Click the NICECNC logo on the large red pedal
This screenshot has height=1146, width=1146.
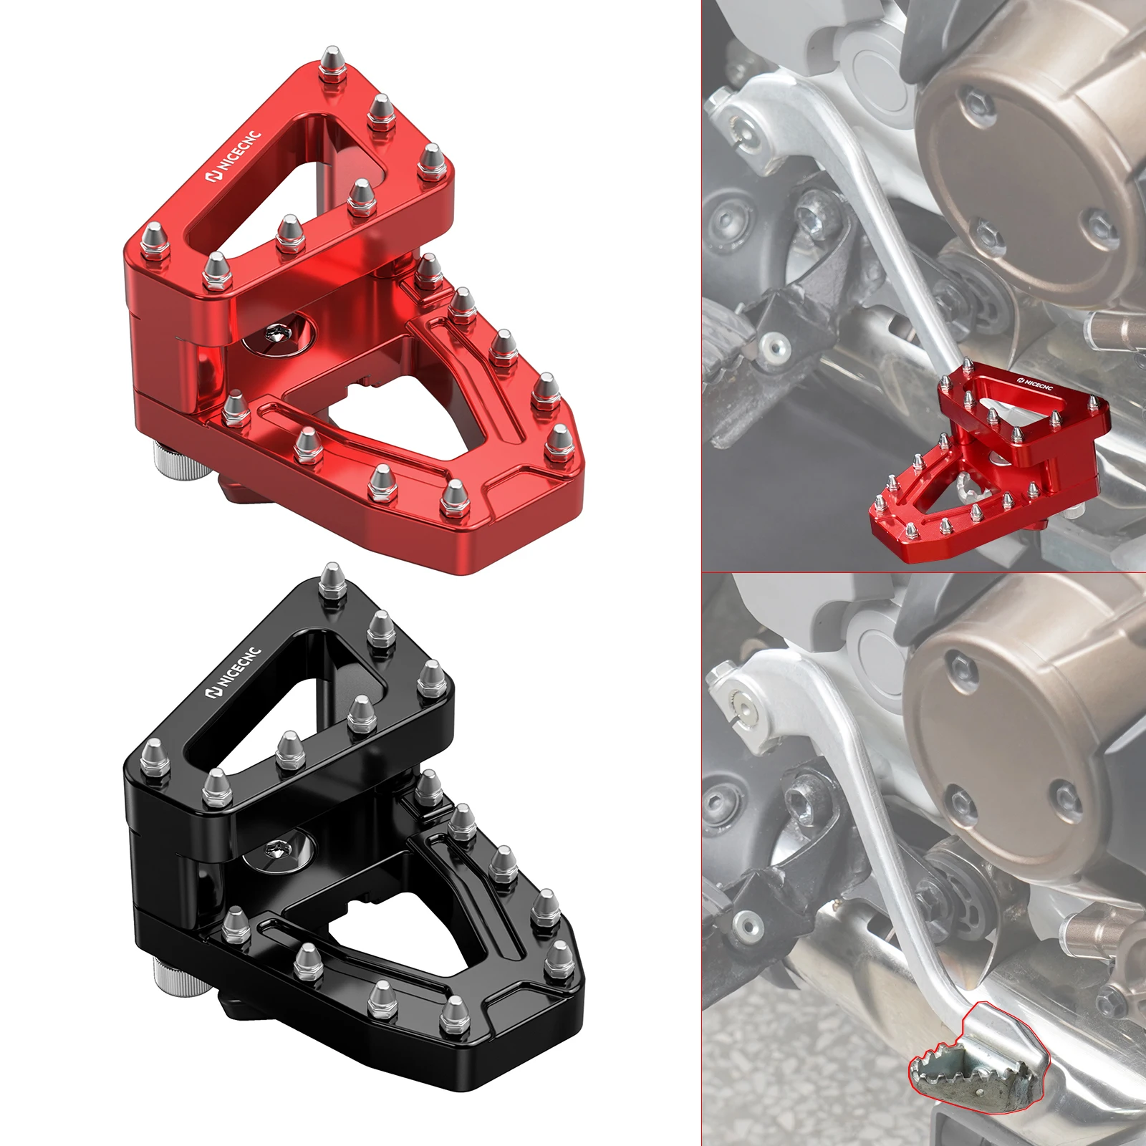(234, 156)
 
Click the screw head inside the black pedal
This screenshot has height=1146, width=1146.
(275, 849)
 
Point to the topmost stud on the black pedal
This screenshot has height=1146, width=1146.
(330, 578)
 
